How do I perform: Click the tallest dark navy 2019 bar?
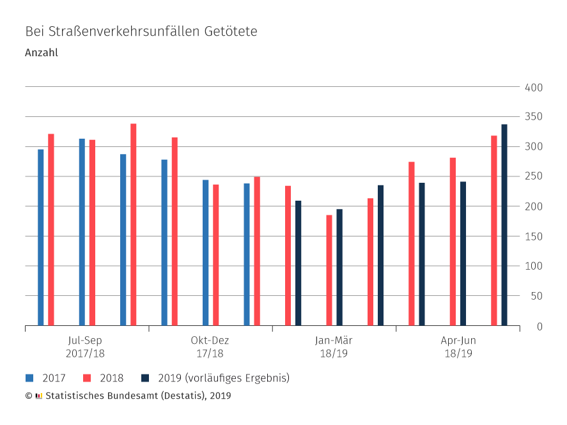tap(504, 225)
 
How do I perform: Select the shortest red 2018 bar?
tap(329, 270)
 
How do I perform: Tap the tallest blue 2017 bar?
tap(82, 232)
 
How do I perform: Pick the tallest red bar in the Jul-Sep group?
tap(133, 224)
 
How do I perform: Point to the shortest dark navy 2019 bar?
tap(339, 267)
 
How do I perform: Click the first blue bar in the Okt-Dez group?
tap(164, 243)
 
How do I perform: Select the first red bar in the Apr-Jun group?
tap(412, 243)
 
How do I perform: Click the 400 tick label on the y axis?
tap(533, 88)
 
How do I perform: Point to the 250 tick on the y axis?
tap(533, 177)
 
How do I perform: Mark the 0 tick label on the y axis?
tap(539, 327)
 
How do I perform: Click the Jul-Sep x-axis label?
tap(85, 341)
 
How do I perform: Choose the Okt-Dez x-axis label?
tap(209, 341)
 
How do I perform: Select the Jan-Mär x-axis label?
tap(334, 341)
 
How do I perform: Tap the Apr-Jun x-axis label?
tap(458, 341)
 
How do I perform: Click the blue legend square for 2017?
tap(29, 378)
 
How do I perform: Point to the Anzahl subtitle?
tap(42, 53)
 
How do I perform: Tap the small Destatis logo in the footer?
tap(39, 396)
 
